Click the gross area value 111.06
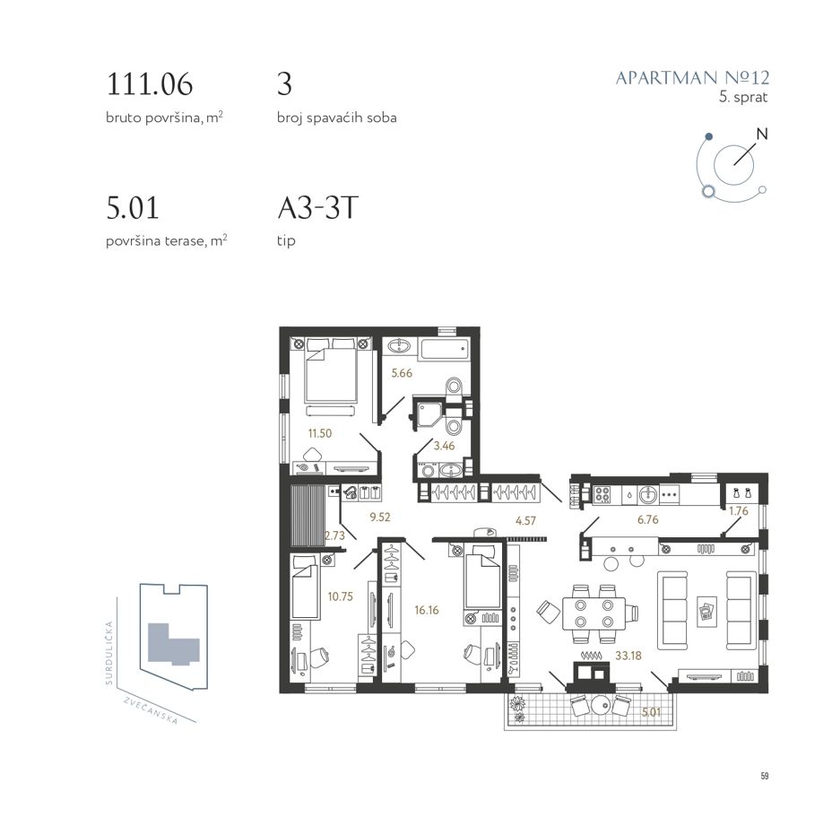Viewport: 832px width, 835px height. [x=150, y=84]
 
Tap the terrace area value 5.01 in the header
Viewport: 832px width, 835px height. [x=133, y=208]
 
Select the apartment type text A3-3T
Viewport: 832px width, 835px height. [x=317, y=208]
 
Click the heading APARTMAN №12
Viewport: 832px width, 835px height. [x=692, y=78]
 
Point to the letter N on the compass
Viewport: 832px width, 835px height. [x=762, y=135]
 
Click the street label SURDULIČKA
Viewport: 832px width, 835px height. [x=109, y=653]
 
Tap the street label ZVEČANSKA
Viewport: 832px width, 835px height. [x=151, y=710]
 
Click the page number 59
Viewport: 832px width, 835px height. [x=765, y=776]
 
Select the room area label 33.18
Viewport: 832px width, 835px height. [x=628, y=656]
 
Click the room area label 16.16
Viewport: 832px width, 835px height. [x=427, y=610]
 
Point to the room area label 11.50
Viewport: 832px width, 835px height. [x=320, y=433]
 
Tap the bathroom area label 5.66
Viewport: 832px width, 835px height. [x=402, y=373]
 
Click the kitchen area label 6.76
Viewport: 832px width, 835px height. [x=648, y=519]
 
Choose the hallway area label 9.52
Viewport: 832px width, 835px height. [x=380, y=517]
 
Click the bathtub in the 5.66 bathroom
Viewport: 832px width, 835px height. [x=446, y=350]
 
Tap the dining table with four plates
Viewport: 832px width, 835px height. [x=594, y=613]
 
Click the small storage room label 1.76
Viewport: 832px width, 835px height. [x=739, y=511]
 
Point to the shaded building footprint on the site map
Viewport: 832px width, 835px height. [x=171, y=644]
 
